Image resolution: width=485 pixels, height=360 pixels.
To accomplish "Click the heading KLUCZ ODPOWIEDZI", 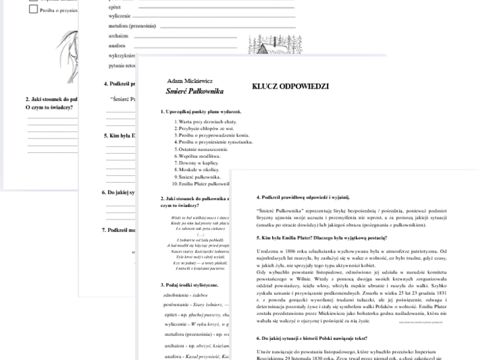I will pos(290,87).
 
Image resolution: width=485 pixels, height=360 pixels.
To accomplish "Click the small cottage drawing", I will pos(265,48).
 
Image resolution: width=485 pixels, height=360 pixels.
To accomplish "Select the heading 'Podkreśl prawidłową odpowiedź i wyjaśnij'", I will pos(303,197).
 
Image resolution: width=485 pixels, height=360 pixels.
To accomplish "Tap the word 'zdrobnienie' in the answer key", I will pos(177,294).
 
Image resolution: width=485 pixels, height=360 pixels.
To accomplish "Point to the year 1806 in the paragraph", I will pos(287,251).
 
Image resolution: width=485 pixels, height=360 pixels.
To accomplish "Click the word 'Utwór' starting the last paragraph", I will pos(263,352).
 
